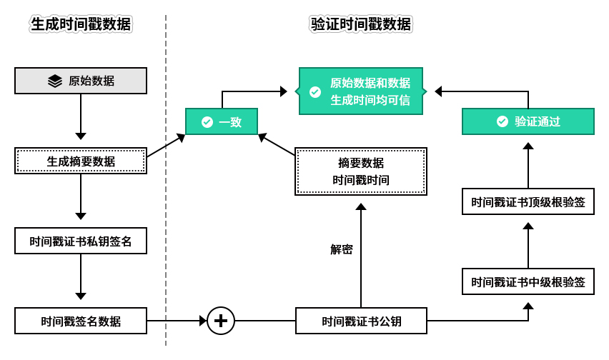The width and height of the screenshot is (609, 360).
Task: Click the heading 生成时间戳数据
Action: click(81, 24)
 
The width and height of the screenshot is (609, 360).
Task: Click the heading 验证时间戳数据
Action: click(361, 24)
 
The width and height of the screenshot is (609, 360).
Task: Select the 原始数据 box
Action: click(81, 81)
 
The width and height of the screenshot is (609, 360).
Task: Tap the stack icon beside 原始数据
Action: click(55, 81)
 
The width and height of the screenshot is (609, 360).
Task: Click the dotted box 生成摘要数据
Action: click(81, 161)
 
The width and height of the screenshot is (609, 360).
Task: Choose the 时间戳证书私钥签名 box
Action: click(81, 241)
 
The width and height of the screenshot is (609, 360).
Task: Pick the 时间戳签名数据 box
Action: click(81, 321)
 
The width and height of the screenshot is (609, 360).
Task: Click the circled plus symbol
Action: click(221, 321)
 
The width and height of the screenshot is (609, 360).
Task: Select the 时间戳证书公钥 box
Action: click(361, 321)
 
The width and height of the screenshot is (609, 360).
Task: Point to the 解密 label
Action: click(341, 249)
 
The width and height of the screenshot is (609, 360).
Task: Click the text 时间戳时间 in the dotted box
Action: click(361, 180)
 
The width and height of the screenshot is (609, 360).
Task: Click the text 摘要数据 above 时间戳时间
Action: click(361, 163)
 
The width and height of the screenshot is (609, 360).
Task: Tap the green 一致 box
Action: click(221, 121)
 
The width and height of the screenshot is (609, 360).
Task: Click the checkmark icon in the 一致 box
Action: click(207, 122)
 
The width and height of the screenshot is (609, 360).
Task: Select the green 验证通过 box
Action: click(528, 121)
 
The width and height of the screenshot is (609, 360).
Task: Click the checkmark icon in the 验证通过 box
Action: click(502, 121)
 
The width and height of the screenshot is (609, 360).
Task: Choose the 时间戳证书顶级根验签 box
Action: click(528, 202)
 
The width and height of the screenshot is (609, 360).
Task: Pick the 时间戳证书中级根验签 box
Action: click(528, 281)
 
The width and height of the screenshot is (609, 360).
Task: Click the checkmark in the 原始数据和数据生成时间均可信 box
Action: click(315, 92)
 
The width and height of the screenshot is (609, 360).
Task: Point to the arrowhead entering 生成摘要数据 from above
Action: click(81, 136)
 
